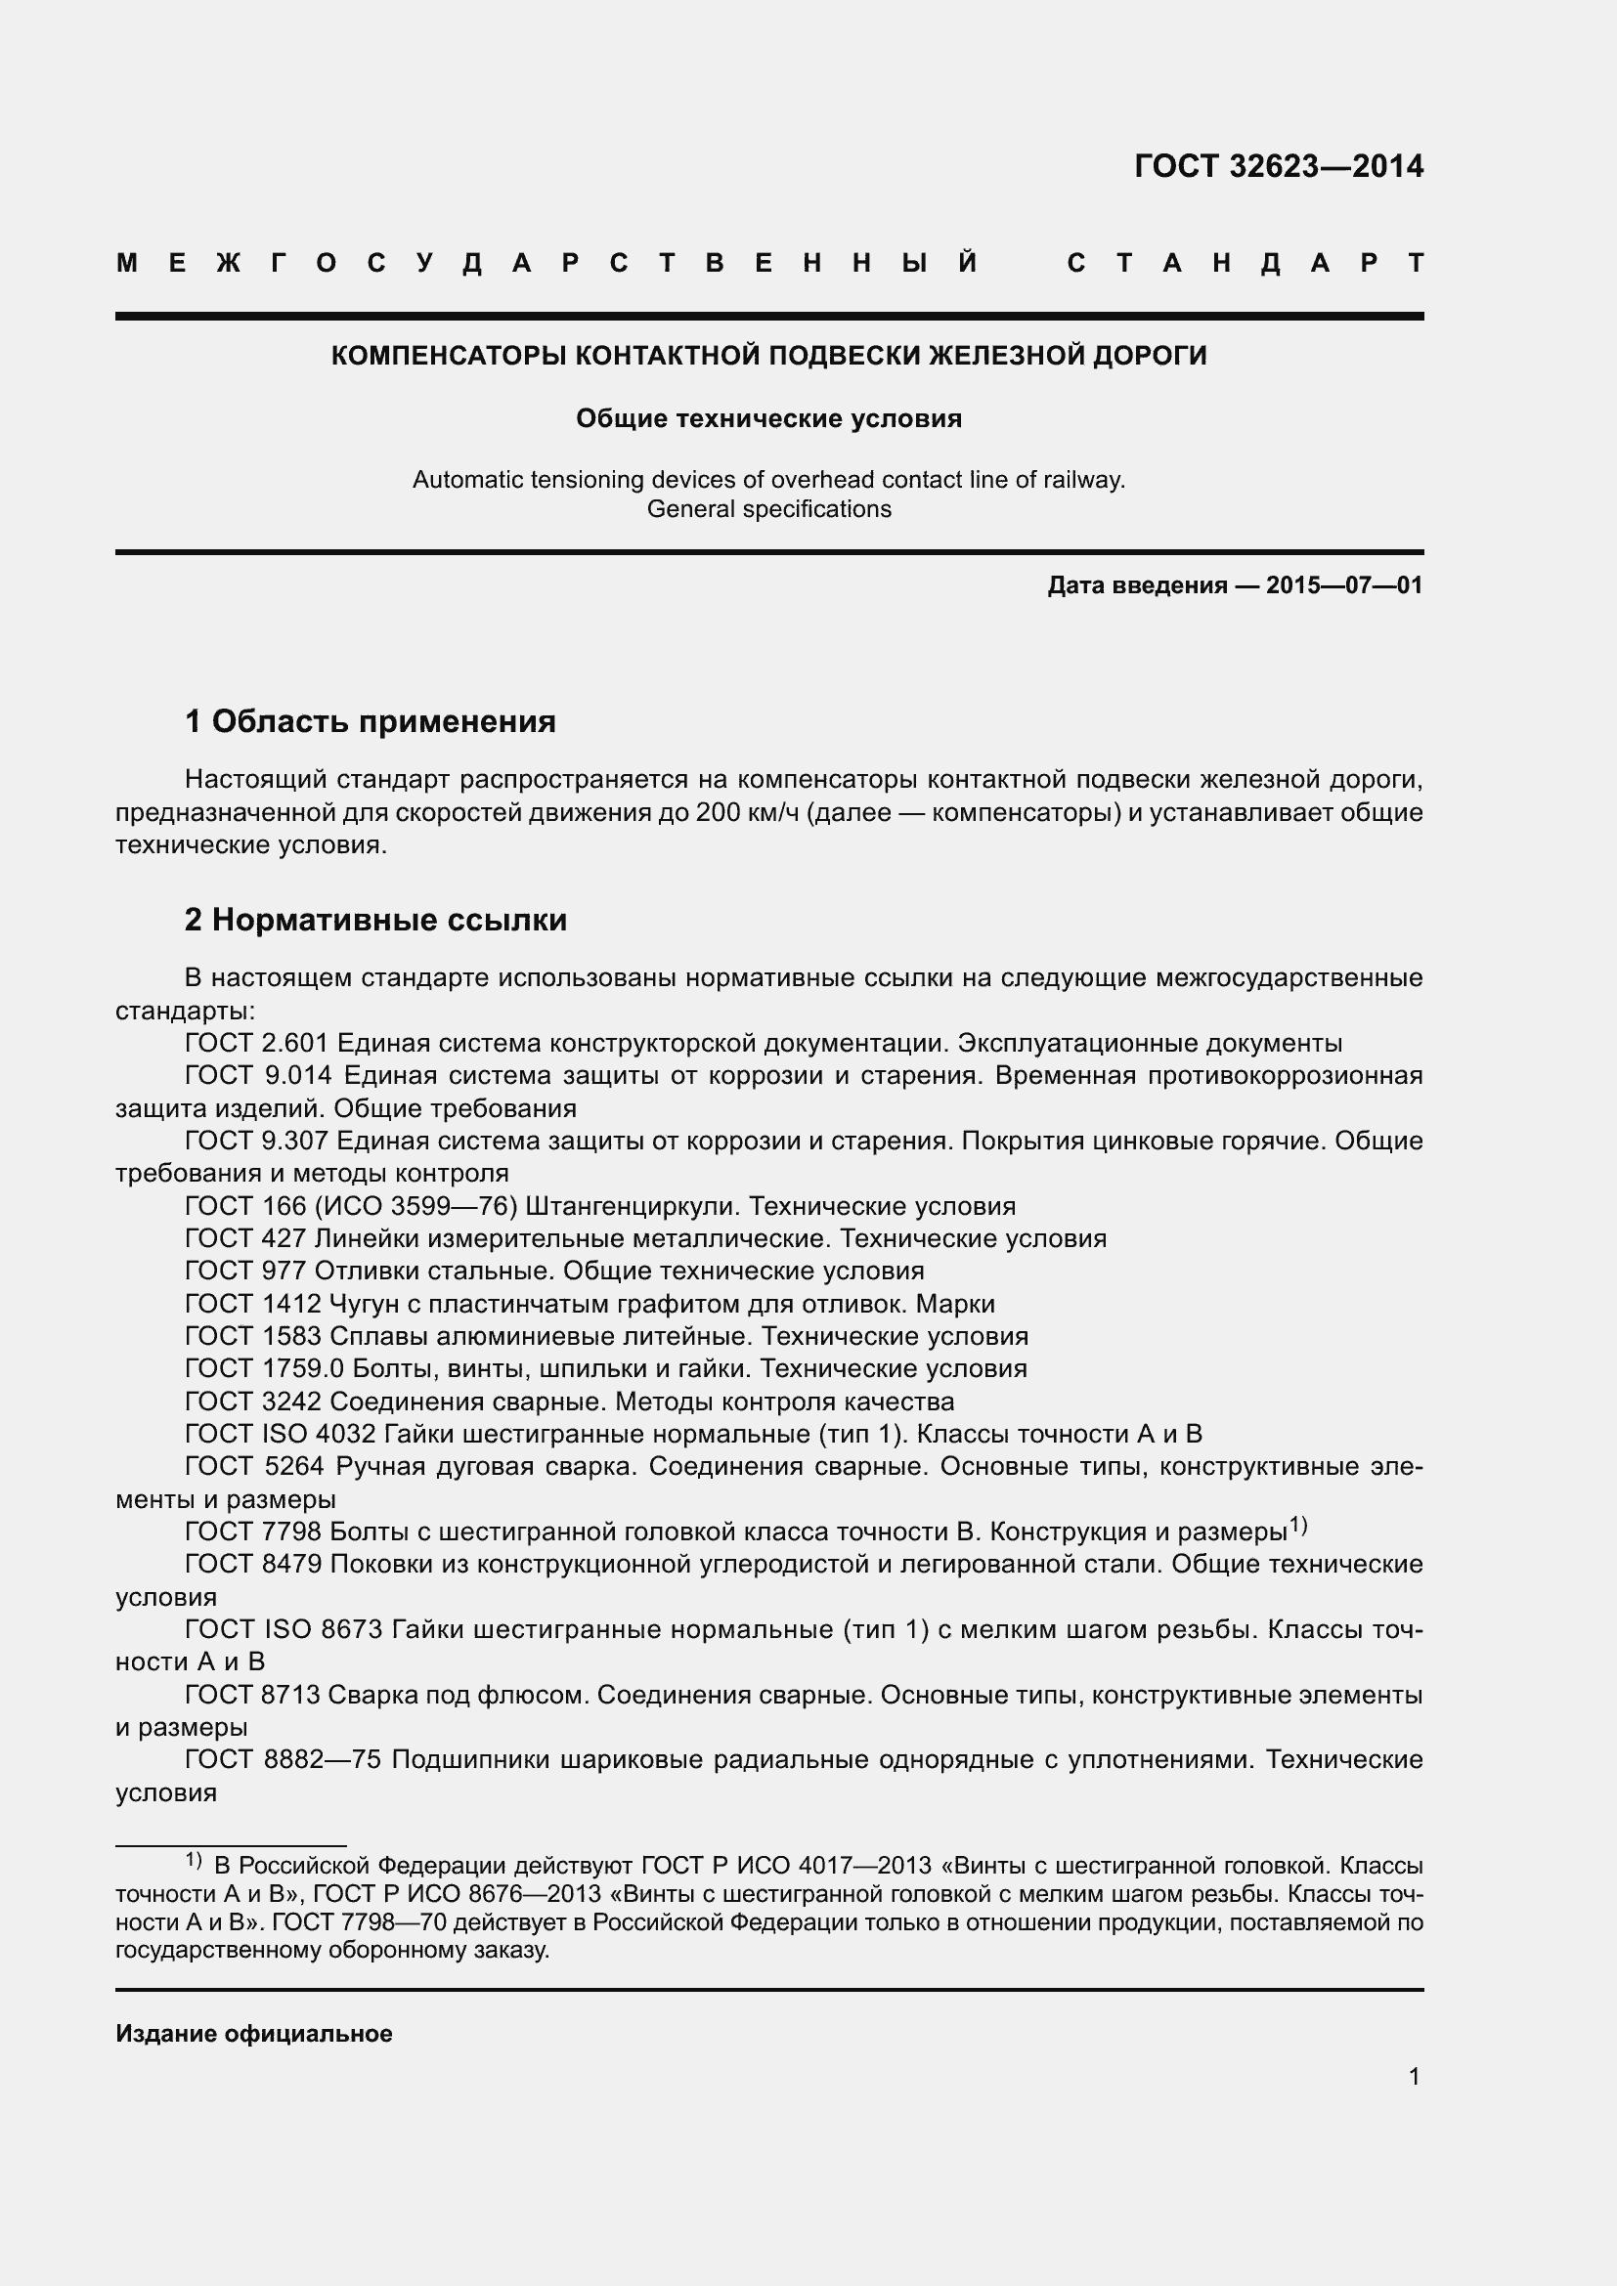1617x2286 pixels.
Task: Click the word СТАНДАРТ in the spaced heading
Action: (x=1245, y=264)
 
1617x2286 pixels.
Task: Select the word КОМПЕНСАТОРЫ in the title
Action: (x=450, y=357)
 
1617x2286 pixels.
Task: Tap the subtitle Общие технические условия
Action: (x=767, y=419)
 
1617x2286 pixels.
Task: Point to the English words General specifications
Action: (x=767, y=510)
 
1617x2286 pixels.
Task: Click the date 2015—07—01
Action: (x=1343, y=585)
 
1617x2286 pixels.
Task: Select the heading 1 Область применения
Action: (x=370, y=721)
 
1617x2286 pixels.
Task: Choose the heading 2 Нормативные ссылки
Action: (x=375, y=920)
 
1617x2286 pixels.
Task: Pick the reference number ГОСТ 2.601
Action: (x=256, y=1044)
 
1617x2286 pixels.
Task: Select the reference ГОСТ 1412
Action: (x=253, y=1305)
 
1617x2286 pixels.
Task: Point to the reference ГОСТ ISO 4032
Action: (x=280, y=1435)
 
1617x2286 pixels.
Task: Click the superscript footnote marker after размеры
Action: (x=1298, y=1525)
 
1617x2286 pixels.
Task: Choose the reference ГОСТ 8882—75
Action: (x=283, y=1760)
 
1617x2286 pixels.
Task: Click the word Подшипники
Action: (x=471, y=1760)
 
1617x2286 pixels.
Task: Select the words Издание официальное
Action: (x=254, y=2034)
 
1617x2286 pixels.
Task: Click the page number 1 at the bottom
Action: (x=1414, y=2077)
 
